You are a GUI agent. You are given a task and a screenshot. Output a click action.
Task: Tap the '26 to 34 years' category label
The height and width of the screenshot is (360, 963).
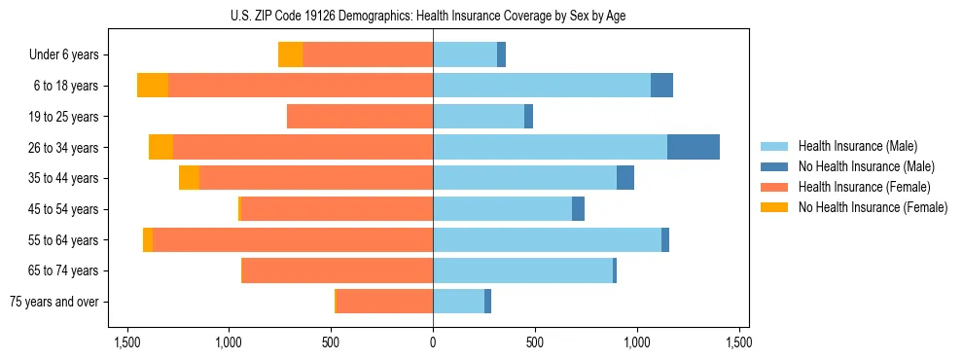tap(64, 148)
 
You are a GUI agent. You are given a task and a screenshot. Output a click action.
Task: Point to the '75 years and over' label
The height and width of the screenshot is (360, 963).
tap(54, 302)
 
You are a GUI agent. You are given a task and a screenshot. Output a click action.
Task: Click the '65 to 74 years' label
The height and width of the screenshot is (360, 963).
tap(64, 270)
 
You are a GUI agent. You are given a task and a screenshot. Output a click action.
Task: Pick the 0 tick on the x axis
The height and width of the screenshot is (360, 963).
tap(433, 342)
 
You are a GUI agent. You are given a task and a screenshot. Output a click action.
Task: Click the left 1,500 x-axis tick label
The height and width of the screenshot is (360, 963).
tap(126, 342)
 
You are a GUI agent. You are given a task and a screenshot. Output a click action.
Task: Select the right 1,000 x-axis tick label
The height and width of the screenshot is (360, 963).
tap(637, 342)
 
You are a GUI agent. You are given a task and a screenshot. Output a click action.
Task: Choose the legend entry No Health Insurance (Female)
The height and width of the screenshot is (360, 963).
tap(873, 207)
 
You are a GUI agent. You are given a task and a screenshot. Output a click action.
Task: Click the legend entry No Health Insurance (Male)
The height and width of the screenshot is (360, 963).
tap(866, 166)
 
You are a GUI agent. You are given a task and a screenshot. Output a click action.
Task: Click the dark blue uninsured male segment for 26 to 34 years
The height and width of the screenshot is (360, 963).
tap(694, 147)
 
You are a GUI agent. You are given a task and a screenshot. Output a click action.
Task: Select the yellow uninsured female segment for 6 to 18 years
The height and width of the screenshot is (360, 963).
tap(153, 86)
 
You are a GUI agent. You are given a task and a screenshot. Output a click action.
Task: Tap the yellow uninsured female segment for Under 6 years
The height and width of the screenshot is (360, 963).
tap(290, 54)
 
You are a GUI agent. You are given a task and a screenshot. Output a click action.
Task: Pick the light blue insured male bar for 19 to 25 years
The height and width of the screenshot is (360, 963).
tap(479, 117)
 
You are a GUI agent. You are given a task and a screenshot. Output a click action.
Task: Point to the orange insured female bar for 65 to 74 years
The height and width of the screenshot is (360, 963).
tap(337, 270)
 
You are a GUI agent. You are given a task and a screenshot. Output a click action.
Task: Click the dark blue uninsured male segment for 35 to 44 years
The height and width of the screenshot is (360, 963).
tap(625, 178)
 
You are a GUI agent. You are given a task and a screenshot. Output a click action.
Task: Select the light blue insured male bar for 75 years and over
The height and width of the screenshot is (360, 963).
tap(458, 302)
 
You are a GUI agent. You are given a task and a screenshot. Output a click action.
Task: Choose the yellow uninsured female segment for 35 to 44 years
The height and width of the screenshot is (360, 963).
tap(189, 178)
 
